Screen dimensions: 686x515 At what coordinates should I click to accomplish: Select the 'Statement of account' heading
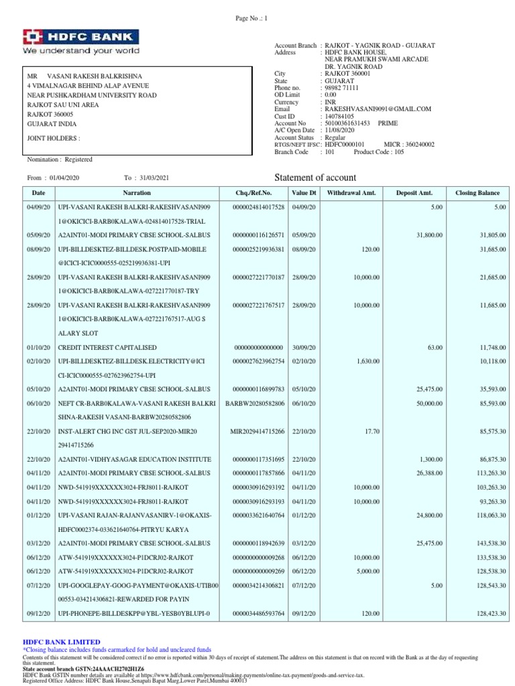pos(316,178)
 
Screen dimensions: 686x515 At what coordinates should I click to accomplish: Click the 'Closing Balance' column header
pos(477,193)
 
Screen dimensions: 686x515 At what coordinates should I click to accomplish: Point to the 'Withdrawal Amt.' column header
pos(351,193)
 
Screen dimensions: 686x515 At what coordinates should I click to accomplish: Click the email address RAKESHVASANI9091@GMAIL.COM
pos(378,109)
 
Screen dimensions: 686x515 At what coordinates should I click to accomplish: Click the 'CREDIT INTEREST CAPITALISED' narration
pos(107,348)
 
